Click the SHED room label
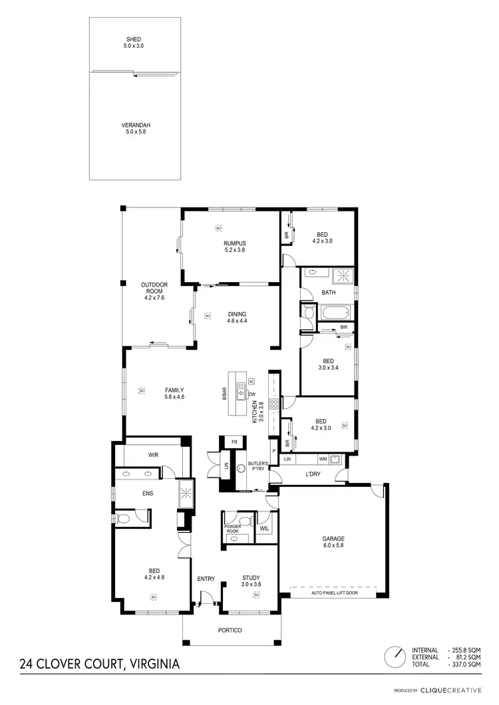coord(134,39)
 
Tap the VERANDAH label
coord(134,125)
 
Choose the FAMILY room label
coord(174,390)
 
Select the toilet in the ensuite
coord(124,517)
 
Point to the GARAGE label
coord(333,539)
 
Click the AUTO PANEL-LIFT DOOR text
coord(334,592)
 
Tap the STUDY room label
coord(251,577)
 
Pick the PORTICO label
coord(230,630)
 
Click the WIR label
coord(152,455)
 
